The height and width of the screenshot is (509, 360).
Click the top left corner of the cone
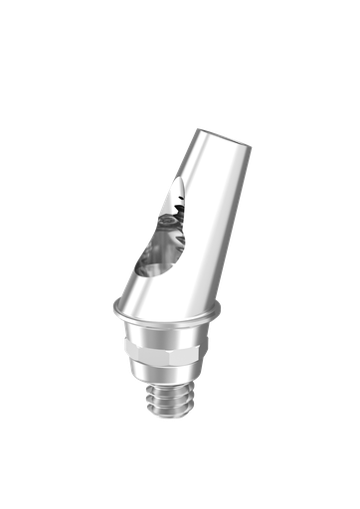[198, 130]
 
